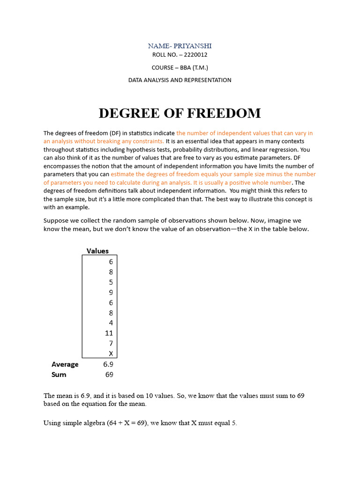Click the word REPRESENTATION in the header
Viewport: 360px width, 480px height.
pyautogui.click(x=207, y=80)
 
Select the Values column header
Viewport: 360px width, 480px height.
pyautogui.click(x=97, y=251)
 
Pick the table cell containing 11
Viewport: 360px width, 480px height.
pyautogui.click(x=109, y=333)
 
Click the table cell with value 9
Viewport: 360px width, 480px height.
pyautogui.click(x=111, y=292)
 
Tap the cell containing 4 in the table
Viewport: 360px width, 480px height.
pyautogui.click(x=111, y=323)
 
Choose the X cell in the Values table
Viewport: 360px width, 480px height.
pyautogui.click(x=111, y=354)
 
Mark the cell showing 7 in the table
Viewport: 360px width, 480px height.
pyautogui.click(x=111, y=344)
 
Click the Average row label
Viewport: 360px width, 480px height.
pyautogui.click(x=65, y=364)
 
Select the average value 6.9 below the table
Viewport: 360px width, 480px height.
pyautogui.click(x=108, y=364)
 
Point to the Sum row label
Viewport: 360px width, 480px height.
pyautogui.click(x=59, y=375)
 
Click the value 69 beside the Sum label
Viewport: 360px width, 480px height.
pyautogui.click(x=109, y=375)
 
